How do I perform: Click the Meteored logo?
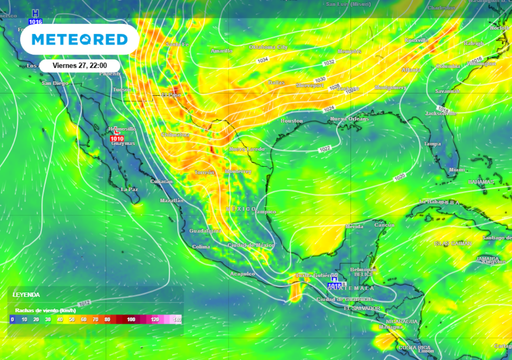(81, 39)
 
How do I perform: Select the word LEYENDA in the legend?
(27, 296)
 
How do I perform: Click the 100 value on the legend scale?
(131, 318)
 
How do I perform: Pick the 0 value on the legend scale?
(12, 318)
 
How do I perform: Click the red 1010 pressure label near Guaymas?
(117, 139)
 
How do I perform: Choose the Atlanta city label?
(410, 71)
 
